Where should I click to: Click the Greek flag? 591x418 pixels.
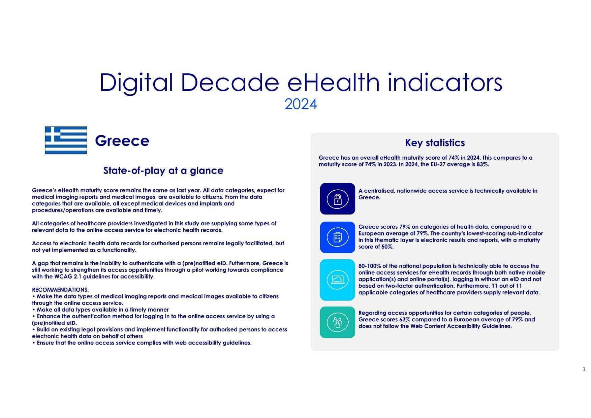point(66,140)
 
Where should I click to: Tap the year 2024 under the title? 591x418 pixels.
point(301,104)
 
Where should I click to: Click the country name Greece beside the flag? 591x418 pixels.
point(122,141)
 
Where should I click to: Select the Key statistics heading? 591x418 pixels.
point(435,143)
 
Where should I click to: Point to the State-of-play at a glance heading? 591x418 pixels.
point(163,170)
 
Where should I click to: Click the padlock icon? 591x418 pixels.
point(337,199)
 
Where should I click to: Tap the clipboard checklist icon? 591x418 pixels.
point(337,237)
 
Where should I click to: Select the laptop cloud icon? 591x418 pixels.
point(337,280)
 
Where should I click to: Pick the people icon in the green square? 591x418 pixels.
point(337,322)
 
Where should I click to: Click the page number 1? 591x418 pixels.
point(584,369)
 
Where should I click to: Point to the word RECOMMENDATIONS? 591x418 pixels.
point(60,290)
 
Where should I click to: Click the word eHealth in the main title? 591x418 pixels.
point(334,82)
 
